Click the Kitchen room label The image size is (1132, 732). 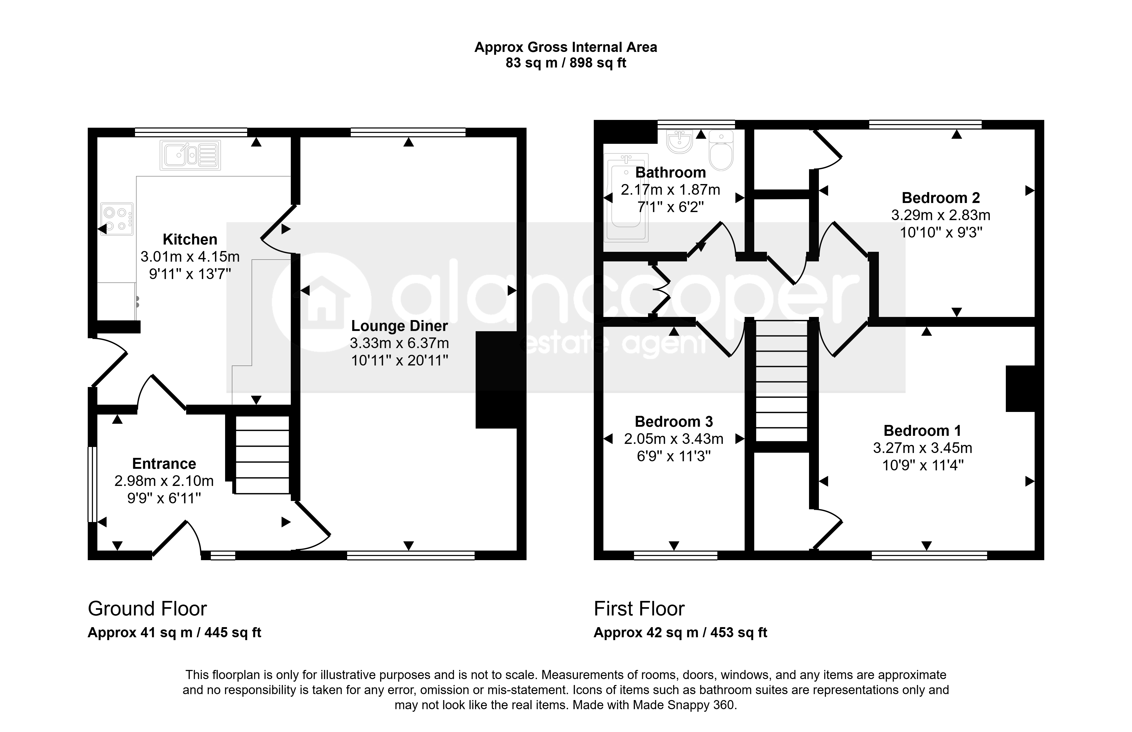[x=190, y=239]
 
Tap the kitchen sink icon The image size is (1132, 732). [x=190, y=155]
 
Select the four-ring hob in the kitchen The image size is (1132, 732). [x=117, y=219]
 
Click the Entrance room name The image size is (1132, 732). [x=164, y=463]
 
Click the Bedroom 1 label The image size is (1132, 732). [x=922, y=431]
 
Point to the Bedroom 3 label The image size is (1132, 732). [x=674, y=422]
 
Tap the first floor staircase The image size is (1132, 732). [x=781, y=381]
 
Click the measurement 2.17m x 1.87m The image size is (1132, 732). [x=670, y=190]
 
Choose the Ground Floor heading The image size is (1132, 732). [x=147, y=609]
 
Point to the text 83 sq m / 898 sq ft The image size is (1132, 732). [x=566, y=63]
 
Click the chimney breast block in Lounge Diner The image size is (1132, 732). [x=496, y=380]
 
